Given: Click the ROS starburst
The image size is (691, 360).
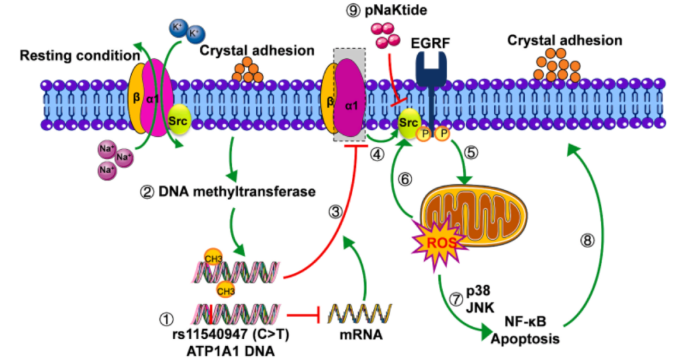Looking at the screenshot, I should tap(437, 241).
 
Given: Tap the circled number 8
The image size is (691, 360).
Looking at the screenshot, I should tap(587, 240).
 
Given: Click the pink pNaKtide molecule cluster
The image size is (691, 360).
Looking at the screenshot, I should tap(387, 35).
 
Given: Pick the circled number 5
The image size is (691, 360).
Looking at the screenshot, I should tap(473, 153).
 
